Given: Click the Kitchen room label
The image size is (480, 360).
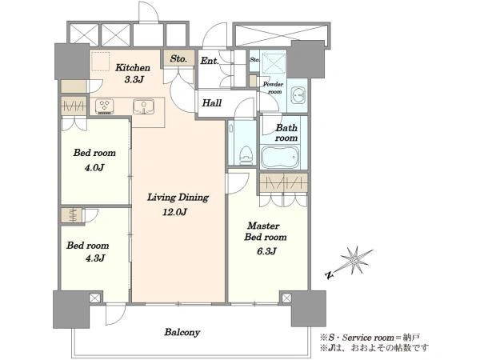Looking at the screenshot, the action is click(x=133, y=68).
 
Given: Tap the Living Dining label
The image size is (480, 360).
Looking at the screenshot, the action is click(x=178, y=198).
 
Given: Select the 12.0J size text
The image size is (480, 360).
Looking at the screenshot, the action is click(x=174, y=212).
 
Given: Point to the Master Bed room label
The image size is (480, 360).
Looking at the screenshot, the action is click(x=266, y=231).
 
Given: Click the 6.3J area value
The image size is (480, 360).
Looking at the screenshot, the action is click(x=266, y=251).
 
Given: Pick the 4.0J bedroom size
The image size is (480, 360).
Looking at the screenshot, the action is click(x=94, y=168).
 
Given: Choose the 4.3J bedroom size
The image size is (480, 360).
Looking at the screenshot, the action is click(x=95, y=258).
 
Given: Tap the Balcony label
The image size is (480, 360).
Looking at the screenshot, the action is click(x=182, y=333).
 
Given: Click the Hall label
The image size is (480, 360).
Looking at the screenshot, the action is click(x=212, y=103).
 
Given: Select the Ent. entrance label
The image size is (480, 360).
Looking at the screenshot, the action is click(x=210, y=61).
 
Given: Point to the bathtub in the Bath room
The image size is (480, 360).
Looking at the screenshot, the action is click(x=280, y=157).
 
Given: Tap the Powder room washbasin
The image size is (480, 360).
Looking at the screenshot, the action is click(x=298, y=95).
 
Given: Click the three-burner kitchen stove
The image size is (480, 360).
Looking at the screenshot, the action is click(x=105, y=106).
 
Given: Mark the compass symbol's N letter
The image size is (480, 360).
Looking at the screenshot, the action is click(x=329, y=275).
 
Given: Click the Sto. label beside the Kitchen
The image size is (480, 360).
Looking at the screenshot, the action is click(x=178, y=58).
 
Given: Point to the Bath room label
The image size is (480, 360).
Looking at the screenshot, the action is click(x=286, y=133).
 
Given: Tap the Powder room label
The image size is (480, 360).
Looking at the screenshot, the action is click(x=274, y=88).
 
